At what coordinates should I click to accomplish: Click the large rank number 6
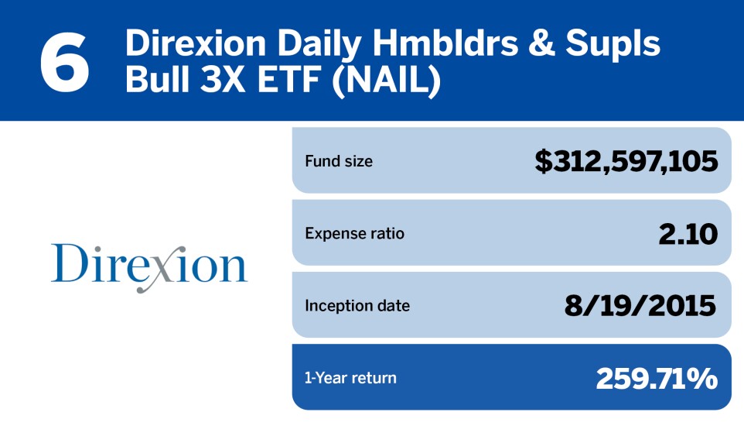click(x=64, y=62)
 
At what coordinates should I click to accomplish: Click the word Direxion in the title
click(x=196, y=43)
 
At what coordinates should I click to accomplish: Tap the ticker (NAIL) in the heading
click(x=386, y=81)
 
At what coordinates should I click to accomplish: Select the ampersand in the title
click(x=540, y=43)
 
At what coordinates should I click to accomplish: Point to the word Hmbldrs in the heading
click(x=445, y=43)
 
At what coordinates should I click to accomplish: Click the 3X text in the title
click(x=222, y=80)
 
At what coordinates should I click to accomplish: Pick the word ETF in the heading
click(x=288, y=80)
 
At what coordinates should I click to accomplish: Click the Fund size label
click(x=339, y=161)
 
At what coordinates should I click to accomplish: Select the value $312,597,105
click(x=626, y=161)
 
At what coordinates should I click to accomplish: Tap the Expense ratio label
click(x=354, y=233)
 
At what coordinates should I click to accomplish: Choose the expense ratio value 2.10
click(x=688, y=234)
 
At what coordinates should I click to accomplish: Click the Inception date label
click(x=357, y=306)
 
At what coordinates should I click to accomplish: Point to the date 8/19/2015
click(x=640, y=306)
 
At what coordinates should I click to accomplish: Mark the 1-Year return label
click(x=350, y=378)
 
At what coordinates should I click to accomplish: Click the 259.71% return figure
click(x=657, y=379)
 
